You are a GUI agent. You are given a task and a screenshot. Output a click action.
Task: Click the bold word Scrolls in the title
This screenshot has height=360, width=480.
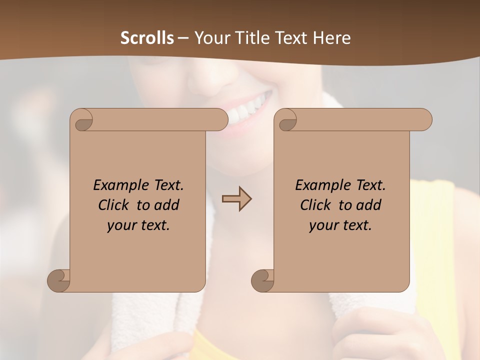tap(147, 38)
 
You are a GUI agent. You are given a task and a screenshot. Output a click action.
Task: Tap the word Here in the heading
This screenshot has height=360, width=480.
tap(332, 38)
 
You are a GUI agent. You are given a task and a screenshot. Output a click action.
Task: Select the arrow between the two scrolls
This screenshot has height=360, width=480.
tap(236, 198)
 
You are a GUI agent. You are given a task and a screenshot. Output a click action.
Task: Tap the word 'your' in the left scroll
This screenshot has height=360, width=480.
tap(121, 225)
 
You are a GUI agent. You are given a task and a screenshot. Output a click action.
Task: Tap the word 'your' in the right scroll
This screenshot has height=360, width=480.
tap(323, 225)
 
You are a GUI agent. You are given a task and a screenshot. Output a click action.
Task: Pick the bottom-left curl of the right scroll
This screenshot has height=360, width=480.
tap(262, 280)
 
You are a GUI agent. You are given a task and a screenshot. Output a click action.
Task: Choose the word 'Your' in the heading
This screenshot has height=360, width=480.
tap(208, 38)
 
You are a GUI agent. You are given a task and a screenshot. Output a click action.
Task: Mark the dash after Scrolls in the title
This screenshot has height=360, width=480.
tap(183, 38)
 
